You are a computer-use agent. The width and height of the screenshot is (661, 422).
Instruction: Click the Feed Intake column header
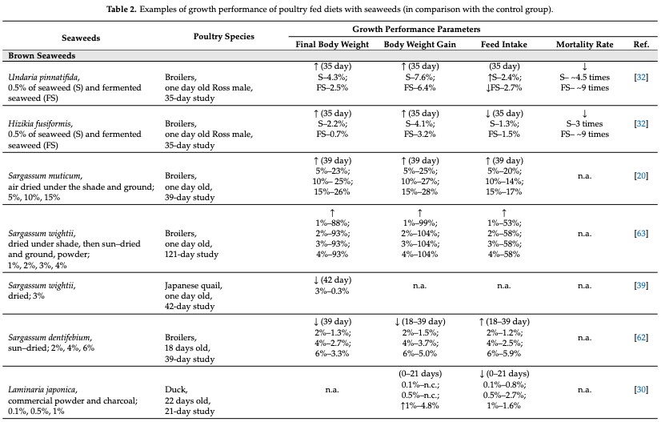pos(504,44)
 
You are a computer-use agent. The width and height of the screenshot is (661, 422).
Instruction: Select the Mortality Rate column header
pos(585,44)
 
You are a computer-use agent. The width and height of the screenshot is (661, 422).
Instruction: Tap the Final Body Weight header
pos(332,44)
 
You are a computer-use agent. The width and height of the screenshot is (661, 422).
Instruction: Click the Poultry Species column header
pos(224,37)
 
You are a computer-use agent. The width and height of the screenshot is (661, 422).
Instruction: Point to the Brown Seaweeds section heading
pos(42,56)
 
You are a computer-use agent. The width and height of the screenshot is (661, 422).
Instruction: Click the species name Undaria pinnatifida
pos(43,77)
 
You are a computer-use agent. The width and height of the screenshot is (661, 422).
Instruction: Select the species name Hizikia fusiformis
pos(40,123)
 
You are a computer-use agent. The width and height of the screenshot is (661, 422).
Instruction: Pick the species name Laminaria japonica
pos(42,390)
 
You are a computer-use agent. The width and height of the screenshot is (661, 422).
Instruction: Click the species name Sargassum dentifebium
pos(50,338)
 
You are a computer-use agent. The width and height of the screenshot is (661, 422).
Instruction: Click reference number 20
pos(641,176)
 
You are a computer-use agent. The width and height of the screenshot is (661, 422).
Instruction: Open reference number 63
pos(641,233)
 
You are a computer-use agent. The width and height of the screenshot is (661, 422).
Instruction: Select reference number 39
pos(641,286)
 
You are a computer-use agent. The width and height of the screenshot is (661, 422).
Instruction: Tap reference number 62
pos(641,338)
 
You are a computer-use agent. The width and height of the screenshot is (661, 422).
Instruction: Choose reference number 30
pos(641,389)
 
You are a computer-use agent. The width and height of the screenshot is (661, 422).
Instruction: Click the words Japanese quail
pos(193,286)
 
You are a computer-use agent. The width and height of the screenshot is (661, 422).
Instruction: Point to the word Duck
pos(176,390)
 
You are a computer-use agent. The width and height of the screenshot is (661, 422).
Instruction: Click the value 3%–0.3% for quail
pos(332,291)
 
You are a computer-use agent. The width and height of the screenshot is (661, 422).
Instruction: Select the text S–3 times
pos(585,123)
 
